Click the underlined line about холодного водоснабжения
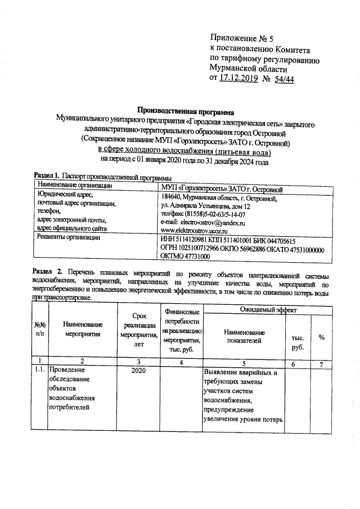pos(184,152)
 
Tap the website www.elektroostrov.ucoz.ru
pos(193,231)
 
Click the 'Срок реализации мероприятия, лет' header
pos(138,333)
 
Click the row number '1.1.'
pos(39,371)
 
